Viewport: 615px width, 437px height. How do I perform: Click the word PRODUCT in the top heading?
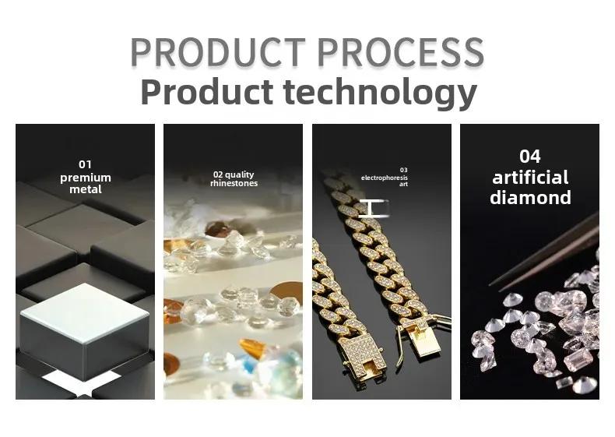tap(218, 52)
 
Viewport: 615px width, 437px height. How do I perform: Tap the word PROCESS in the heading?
tap(401, 52)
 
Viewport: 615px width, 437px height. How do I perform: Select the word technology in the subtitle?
tap(380, 93)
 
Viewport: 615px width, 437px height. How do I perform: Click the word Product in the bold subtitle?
tap(207, 91)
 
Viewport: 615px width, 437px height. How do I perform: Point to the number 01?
tap(85, 164)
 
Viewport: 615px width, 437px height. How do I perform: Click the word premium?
tap(86, 178)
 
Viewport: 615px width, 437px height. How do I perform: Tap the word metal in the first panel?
tap(86, 189)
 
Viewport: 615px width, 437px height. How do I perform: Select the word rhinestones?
tap(234, 183)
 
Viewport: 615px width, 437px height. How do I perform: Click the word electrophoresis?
tap(385, 178)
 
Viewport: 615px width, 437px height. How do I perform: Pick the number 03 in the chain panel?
tap(403, 170)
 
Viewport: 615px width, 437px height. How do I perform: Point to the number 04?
tap(530, 157)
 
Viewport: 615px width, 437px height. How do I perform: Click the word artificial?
tap(530, 178)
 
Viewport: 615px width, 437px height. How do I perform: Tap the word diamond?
tap(530, 198)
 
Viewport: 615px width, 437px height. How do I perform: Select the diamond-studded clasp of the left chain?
tap(361, 356)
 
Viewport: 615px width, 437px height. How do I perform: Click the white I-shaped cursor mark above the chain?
tap(373, 209)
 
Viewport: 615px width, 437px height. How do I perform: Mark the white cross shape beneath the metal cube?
tap(83, 383)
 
